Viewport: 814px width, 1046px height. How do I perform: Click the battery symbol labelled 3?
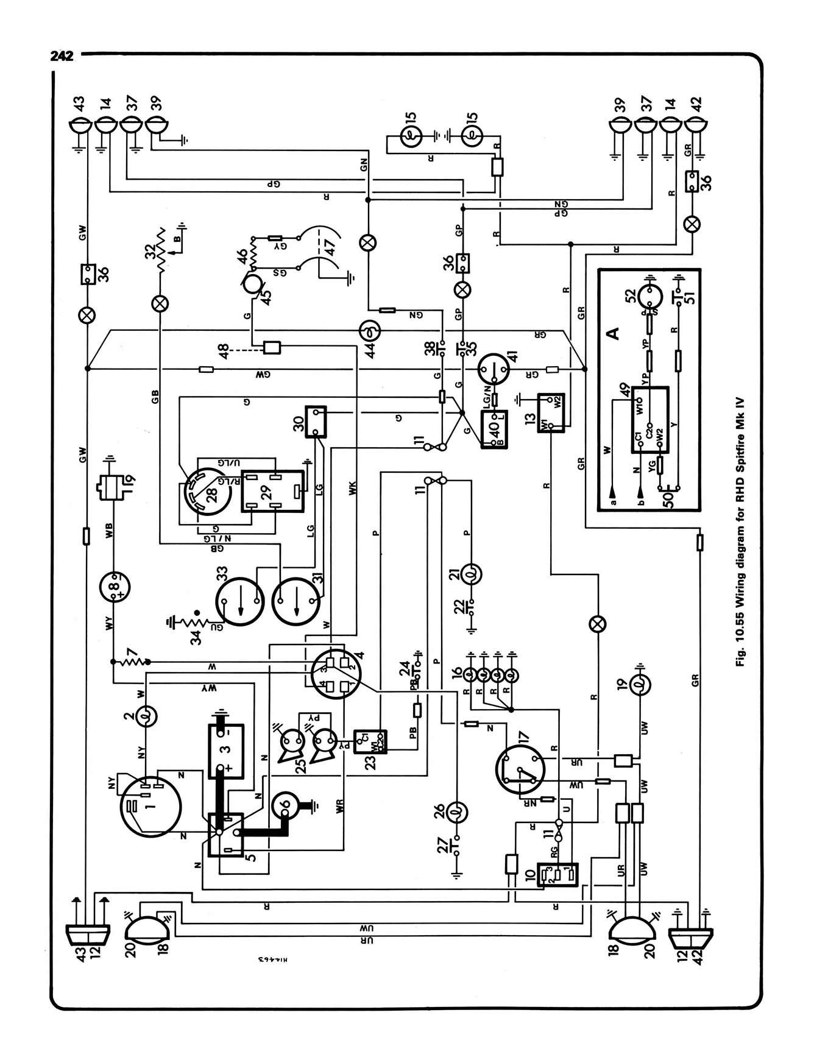click(x=226, y=751)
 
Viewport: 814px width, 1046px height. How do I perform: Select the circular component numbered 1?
click(x=150, y=807)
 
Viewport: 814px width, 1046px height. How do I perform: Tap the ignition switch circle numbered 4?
click(x=336, y=673)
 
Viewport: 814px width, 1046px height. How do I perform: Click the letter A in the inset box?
click(x=614, y=333)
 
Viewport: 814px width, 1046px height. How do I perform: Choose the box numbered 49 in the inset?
click(x=649, y=420)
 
